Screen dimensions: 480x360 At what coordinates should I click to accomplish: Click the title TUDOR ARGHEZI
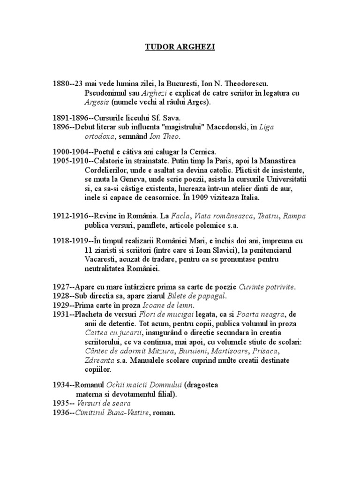tap(180, 47)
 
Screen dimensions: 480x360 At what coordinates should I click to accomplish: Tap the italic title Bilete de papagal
tap(202, 295)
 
